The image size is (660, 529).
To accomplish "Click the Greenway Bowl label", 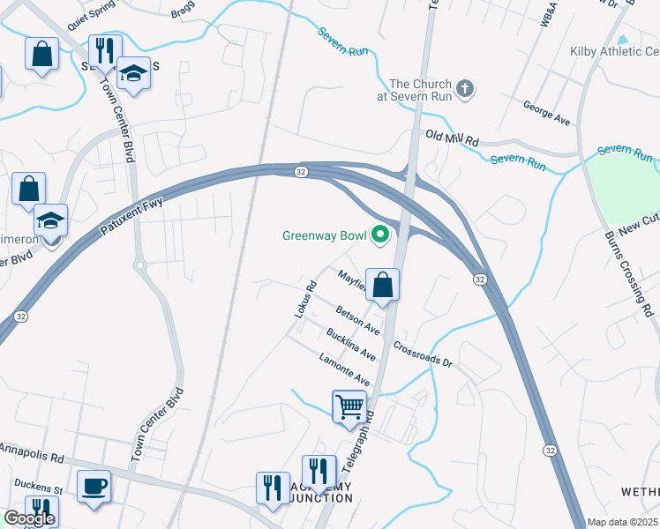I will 325,235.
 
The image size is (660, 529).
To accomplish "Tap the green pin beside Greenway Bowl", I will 381,235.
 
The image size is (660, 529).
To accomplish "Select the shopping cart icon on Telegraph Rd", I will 350,406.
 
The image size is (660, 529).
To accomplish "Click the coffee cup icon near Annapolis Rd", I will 94,486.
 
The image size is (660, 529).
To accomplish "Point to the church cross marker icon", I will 466,88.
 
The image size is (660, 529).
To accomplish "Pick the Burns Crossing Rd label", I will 642,282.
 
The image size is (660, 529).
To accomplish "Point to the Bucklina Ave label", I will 351,344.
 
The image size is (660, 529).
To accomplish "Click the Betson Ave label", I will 357,319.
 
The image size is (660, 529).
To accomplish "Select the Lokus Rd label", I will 304,299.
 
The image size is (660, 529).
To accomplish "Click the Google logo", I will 28,518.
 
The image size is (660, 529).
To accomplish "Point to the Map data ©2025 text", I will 622,522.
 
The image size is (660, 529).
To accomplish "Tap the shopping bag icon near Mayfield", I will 383,285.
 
